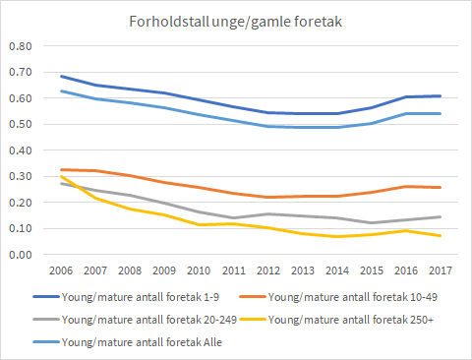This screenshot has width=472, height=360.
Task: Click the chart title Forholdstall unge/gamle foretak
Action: pyautogui.click(x=236, y=22)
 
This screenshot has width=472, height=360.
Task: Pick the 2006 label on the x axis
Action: pyautogui.click(x=61, y=270)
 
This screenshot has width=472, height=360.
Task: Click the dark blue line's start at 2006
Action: pyautogui.click(x=61, y=76)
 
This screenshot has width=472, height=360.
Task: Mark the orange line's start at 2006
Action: pyautogui.click(x=61, y=169)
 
